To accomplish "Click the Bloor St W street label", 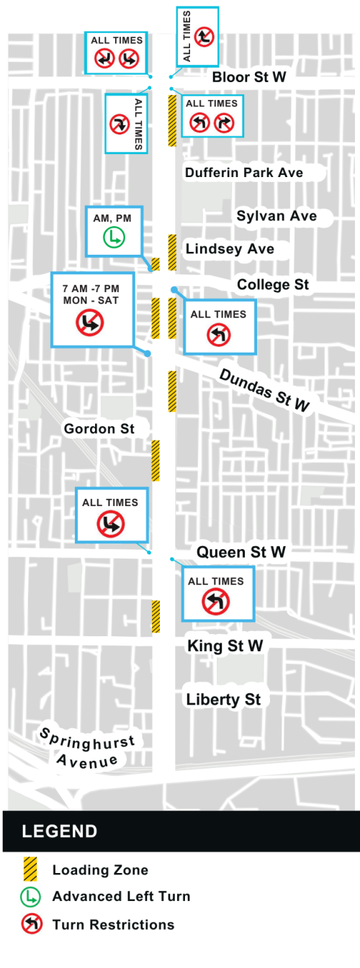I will tap(249, 77).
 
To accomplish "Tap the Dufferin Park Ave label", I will tap(243, 173).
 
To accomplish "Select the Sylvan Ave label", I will tap(276, 216).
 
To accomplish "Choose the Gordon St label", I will tap(99, 429).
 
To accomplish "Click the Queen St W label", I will tap(241, 552).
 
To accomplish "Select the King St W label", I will tap(225, 646).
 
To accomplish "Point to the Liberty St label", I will tap(223, 699).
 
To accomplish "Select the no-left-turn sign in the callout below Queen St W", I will tap(215, 601).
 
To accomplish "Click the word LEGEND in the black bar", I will tap(60, 832).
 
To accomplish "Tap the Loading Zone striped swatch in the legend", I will tap(30, 869).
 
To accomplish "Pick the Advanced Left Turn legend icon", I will tap(30, 897).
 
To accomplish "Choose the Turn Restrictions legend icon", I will tap(30, 924).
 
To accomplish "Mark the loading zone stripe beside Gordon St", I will tap(156, 461).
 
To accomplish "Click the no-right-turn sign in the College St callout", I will tap(91, 325).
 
